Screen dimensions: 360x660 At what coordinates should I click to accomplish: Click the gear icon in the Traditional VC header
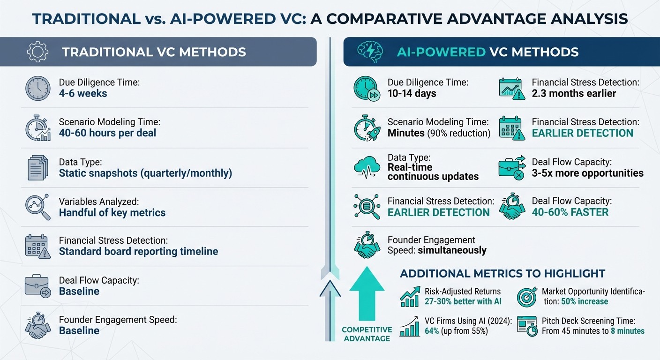38,52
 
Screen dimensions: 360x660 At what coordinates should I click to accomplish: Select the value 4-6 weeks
83,93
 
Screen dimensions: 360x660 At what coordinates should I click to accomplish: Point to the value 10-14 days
412,93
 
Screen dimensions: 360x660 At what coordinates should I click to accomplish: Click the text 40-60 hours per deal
107,133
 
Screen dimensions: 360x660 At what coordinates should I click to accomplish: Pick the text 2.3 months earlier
574,93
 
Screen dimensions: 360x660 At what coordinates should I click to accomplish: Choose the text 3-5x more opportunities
587,173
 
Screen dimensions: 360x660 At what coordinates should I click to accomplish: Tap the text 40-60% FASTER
570,212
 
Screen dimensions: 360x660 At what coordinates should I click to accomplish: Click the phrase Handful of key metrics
112,212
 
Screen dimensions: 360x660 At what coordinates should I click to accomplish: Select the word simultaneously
451,250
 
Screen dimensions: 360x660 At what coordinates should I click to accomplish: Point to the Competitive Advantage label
366,334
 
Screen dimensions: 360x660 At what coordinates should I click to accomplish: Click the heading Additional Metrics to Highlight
502,273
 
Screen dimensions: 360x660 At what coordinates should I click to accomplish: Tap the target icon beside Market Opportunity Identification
526,297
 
